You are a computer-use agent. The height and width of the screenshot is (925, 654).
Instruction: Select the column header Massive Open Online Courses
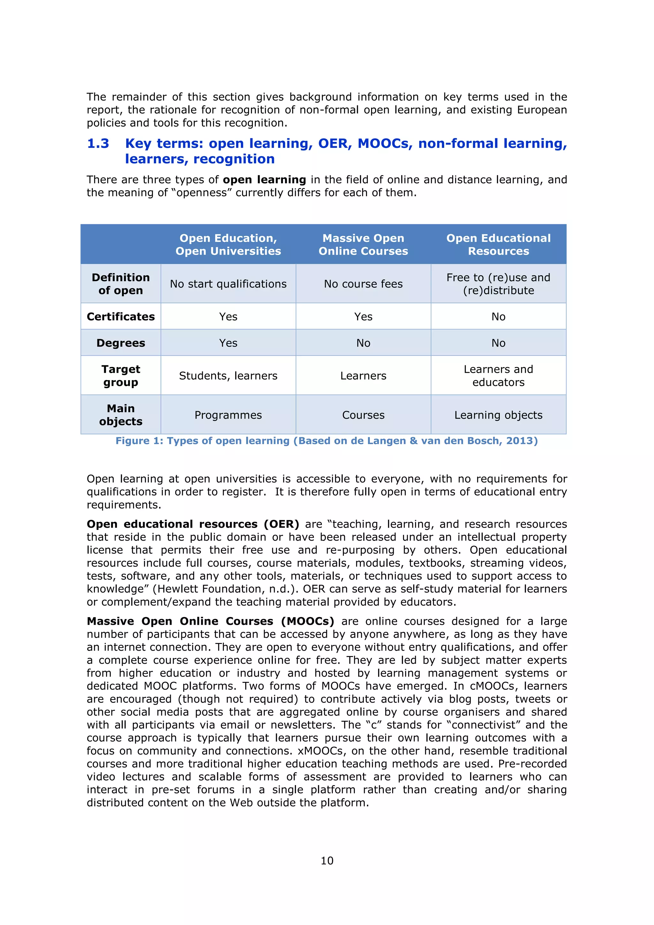click(363, 245)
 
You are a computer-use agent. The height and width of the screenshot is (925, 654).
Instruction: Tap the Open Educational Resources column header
click(498, 245)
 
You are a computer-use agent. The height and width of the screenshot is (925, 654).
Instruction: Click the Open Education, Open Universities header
click(228, 245)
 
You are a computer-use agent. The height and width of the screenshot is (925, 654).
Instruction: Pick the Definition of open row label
click(120, 284)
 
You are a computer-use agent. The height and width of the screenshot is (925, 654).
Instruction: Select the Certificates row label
click(120, 317)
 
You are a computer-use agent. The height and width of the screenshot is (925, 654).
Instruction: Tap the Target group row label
click(120, 376)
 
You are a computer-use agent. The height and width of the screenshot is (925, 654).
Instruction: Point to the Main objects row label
click(120, 415)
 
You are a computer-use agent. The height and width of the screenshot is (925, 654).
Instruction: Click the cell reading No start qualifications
click(228, 284)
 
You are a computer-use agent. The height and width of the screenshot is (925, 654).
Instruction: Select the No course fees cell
click(363, 284)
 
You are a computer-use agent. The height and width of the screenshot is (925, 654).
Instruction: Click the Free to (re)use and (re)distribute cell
click(498, 284)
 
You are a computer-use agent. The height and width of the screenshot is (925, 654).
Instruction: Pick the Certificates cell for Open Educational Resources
click(498, 317)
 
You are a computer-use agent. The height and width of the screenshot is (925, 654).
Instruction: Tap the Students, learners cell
click(228, 376)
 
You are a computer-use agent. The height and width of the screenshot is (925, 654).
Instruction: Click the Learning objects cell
click(498, 415)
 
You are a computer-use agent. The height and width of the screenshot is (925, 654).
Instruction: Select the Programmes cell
click(228, 415)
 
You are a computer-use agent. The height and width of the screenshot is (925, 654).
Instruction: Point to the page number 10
click(327, 860)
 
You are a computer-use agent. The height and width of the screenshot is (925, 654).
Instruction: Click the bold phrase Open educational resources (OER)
click(193, 524)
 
